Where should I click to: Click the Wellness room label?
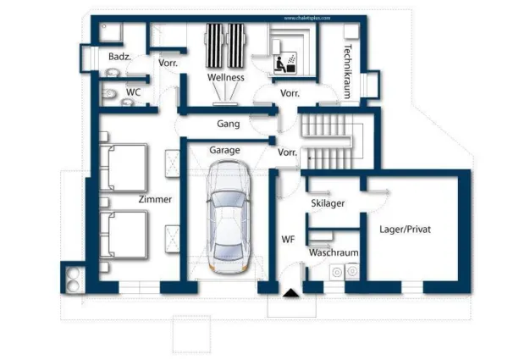tap(226, 78)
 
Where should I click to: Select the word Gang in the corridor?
tap(228, 124)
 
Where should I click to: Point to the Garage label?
tap(225, 150)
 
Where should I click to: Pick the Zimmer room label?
tap(155, 200)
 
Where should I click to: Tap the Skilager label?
tap(328, 203)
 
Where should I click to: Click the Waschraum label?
tap(333, 253)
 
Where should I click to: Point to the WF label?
tap(288, 240)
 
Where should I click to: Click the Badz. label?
tap(119, 57)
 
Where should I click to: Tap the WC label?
tap(134, 91)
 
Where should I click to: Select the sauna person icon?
tap(279, 62)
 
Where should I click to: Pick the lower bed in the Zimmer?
tap(124, 232)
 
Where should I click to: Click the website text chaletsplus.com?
tap(303, 16)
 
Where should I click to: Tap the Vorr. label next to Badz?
tap(168, 64)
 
